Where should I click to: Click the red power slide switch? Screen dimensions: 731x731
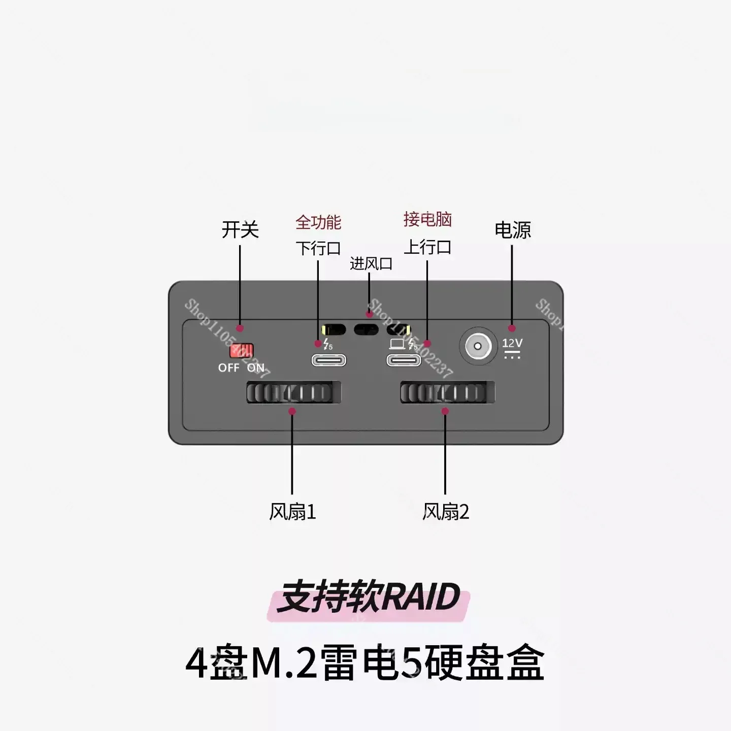(x=242, y=351)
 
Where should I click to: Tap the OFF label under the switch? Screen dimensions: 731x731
(x=229, y=368)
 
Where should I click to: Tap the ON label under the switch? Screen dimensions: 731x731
(x=256, y=368)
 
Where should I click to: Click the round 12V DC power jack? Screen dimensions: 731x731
(x=478, y=346)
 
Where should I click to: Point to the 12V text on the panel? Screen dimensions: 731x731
(x=513, y=343)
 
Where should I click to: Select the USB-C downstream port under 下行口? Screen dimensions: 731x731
(x=329, y=360)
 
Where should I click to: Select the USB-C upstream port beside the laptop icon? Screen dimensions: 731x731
(x=404, y=360)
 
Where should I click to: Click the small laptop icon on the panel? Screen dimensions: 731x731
(x=397, y=344)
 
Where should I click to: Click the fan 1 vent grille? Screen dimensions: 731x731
(x=293, y=392)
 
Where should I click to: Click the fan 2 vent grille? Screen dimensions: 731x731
(x=448, y=392)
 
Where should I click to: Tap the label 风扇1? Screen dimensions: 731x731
(x=292, y=512)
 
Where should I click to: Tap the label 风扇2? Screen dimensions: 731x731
(x=446, y=512)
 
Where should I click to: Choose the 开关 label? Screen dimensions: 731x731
(x=240, y=230)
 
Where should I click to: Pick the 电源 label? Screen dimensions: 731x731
(x=513, y=230)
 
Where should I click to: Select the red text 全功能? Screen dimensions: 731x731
(x=318, y=222)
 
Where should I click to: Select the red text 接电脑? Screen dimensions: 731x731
(x=427, y=220)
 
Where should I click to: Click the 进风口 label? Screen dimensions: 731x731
(x=371, y=263)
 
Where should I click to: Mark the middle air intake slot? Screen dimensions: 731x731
(x=366, y=329)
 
